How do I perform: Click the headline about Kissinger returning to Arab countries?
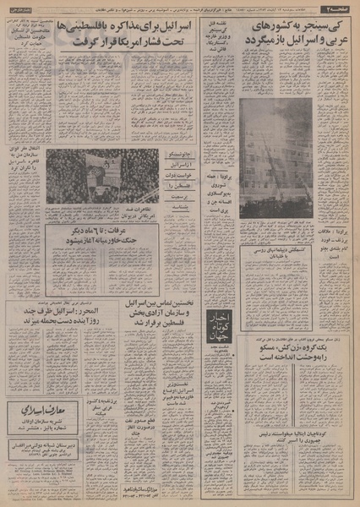[292, 41]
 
